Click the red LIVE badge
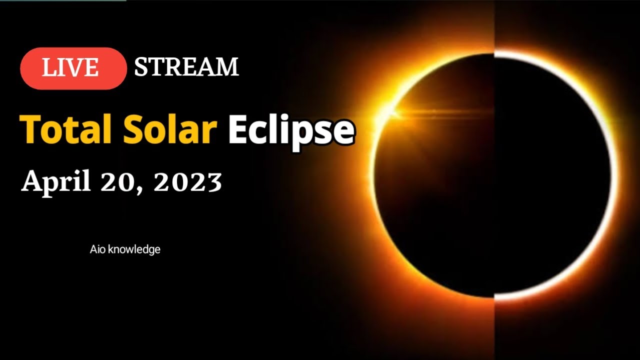[x=73, y=68]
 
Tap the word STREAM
[x=186, y=67]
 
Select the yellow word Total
[x=62, y=129]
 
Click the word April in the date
[x=56, y=182]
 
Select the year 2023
[x=187, y=183]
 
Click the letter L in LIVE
[x=47, y=68]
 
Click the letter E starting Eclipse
[x=238, y=129]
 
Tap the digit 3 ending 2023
[x=214, y=183]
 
